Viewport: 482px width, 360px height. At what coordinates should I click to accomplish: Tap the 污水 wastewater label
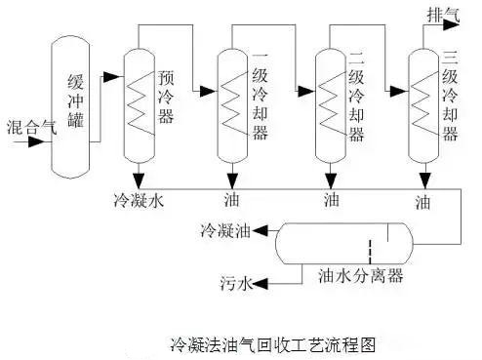(x=235, y=284)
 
